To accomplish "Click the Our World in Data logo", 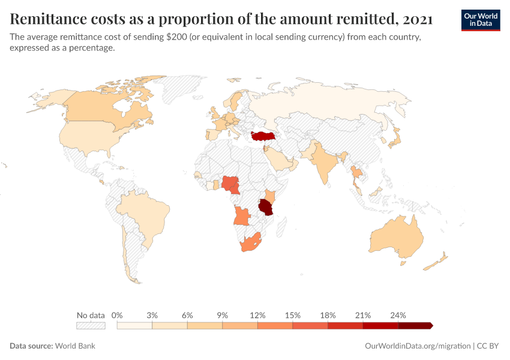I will [x=480, y=20].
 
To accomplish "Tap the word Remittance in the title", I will [x=50, y=19].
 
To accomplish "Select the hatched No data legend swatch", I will [x=91, y=326].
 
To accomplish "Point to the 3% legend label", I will [x=152, y=315].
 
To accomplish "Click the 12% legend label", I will [x=257, y=315].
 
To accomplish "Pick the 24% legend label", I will [x=398, y=315].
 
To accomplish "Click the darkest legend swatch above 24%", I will [x=415, y=326].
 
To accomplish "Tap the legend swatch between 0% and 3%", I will [x=134, y=326].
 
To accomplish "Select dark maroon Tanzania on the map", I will [x=265, y=208].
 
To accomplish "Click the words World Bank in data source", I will [x=75, y=346].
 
